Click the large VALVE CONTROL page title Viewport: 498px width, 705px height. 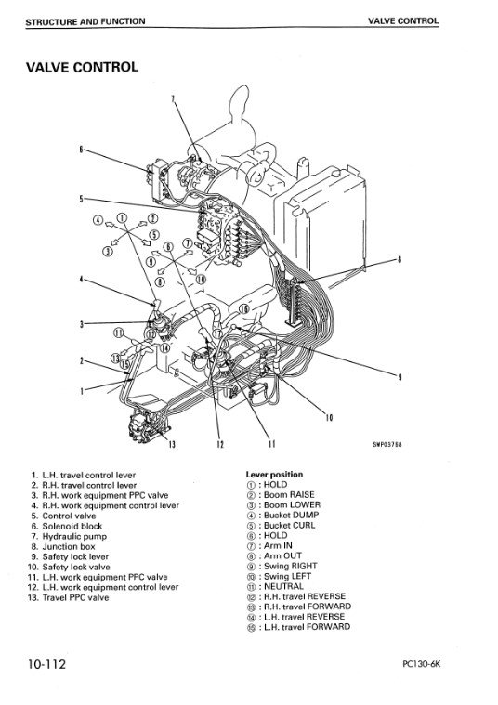[82, 68]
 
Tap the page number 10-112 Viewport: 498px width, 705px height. [46, 664]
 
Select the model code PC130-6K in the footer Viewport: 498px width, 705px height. [421, 664]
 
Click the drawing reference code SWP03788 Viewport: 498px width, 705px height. [387, 445]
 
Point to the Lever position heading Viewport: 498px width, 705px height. [274, 475]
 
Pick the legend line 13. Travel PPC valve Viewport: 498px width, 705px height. [69, 598]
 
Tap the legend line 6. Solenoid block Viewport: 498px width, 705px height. [67, 526]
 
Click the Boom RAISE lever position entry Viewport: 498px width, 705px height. [281, 494]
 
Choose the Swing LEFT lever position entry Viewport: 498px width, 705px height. [279, 577]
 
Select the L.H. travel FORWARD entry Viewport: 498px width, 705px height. [298, 627]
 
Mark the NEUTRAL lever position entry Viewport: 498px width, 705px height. [275, 586]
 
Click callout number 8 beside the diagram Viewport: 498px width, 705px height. [399, 259]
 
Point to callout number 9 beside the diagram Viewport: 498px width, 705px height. [400, 378]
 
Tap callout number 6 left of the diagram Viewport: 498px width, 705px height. [81, 150]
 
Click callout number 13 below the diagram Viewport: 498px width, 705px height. [172, 445]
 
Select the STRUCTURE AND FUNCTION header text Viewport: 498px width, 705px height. [85, 21]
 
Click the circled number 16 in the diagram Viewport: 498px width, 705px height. [243, 309]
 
